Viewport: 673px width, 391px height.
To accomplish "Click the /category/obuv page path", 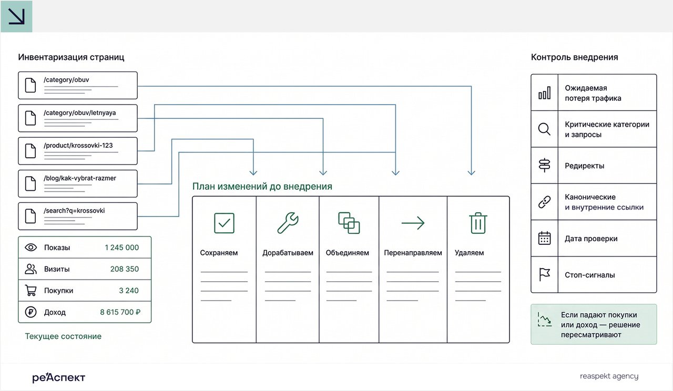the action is (66, 80).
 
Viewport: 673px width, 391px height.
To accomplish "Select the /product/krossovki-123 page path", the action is (78, 146).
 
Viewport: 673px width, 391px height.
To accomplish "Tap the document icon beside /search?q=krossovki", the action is (30, 216).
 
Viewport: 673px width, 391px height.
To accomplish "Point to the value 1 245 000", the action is (121, 248).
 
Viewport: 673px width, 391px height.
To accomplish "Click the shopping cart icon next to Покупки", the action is (30, 291).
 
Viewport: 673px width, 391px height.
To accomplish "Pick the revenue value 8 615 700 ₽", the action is (120, 312).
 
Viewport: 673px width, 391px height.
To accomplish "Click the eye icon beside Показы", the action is (30, 247).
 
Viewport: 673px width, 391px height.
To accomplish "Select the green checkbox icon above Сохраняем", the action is (224, 223).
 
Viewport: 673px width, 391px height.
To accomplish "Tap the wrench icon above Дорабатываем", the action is (288, 223).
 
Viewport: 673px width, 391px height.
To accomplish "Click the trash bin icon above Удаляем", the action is (478, 223).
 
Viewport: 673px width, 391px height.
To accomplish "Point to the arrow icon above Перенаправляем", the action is (413, 223).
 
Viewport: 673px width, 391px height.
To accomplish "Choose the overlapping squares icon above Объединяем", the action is (349, 223).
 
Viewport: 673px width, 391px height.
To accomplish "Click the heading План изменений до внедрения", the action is (262, 187).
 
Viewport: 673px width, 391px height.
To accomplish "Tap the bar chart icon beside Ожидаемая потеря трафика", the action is (544, 92).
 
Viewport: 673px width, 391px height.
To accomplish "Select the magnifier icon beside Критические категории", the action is (544, 129).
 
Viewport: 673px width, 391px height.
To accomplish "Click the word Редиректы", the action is (584, 166).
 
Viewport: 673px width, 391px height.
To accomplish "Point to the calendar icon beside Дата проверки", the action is (544, 239).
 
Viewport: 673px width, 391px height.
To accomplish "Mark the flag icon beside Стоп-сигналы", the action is (544, 274).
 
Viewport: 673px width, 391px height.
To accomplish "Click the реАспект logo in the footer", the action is (59, 377).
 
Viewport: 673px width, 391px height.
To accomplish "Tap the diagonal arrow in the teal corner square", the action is (16, 16).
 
